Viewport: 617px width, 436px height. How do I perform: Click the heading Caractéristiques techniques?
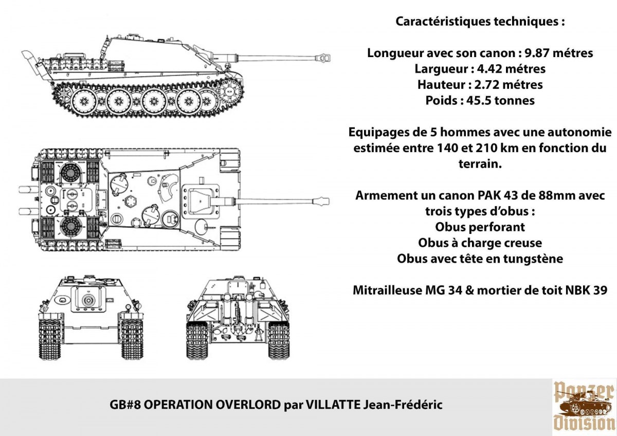click(x=480, y=22)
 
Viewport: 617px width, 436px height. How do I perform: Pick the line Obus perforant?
click(x=480, y=227)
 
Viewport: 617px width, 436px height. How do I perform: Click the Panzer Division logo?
click(x=584, y=406)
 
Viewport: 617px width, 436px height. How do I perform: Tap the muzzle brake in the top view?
click(x=323, y=199)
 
